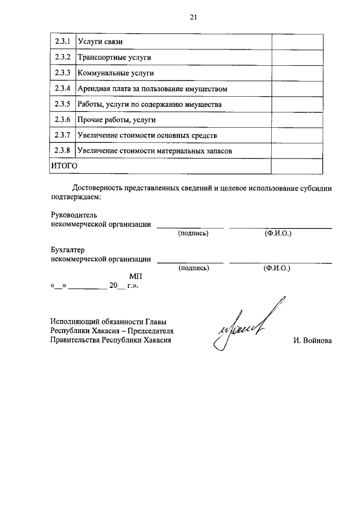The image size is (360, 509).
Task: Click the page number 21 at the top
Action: [192, 17]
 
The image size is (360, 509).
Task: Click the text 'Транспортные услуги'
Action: [114, 58]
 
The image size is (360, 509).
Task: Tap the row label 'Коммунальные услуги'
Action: [116, 73]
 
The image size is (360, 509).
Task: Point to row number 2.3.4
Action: [62, 88]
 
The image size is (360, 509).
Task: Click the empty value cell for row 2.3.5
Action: [297, 104]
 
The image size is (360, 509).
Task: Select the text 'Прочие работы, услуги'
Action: [117, 120]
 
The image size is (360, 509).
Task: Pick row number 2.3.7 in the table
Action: [62, 135]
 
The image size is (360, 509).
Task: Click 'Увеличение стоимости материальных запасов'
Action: [155, 151]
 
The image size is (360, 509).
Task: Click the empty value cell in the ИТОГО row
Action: [297, 166]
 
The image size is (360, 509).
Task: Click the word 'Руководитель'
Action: [74, 215]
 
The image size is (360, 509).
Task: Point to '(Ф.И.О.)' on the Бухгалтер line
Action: [277, 268]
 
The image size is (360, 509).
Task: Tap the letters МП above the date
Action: [136, 277]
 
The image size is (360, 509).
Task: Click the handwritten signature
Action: [242, 329]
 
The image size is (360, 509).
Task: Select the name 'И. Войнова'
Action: [312, 340]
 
